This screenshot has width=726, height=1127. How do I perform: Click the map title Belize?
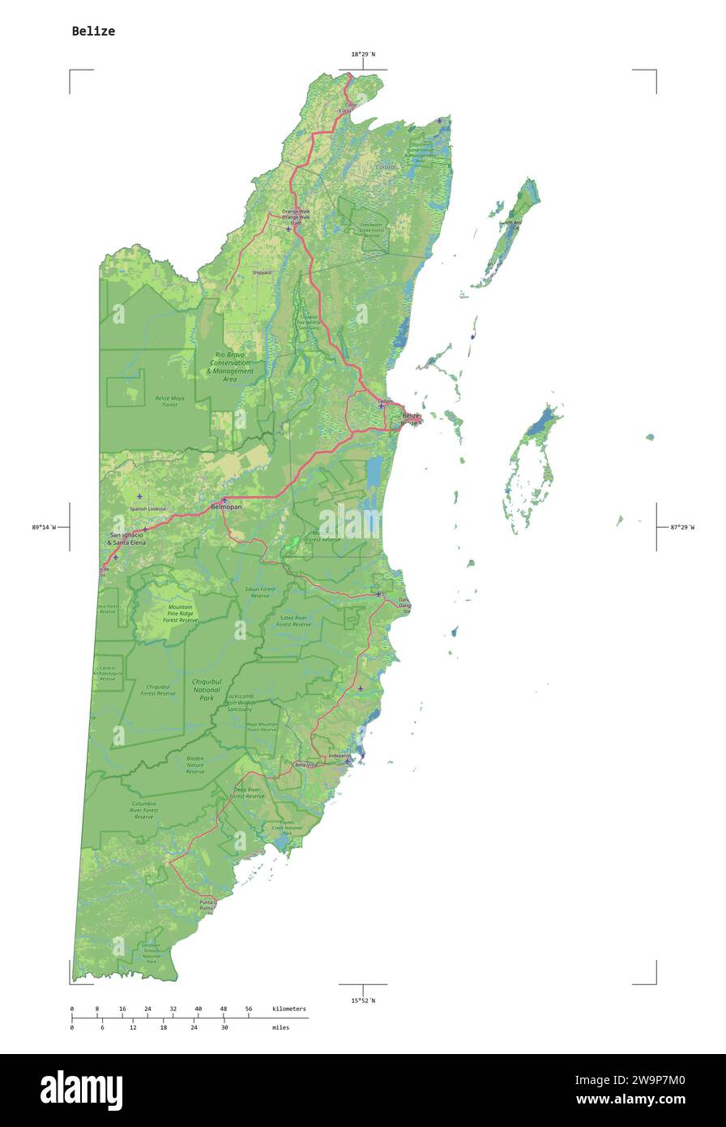(93, 31)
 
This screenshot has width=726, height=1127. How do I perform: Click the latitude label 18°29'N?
(362, 54)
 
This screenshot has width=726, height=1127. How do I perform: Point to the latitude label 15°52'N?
(362, 1001)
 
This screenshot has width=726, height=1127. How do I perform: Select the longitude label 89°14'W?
(44, 527)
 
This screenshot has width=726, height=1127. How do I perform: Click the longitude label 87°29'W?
(681, 527)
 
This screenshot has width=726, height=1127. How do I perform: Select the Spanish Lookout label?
(147, 509)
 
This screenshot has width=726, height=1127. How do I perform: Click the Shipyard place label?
(262, 273)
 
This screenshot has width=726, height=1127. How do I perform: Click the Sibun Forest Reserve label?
(260, 592)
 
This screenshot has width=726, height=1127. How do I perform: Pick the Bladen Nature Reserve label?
(195, 765)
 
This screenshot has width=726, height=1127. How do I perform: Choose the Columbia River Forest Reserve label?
(144, 810)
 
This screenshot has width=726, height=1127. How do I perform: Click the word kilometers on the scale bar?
(289, 1009)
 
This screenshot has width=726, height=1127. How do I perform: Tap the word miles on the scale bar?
(280, 1027)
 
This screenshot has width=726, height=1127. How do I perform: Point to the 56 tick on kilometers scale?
(248, 1009)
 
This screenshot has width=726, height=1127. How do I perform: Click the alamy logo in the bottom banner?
(81, 1091)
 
